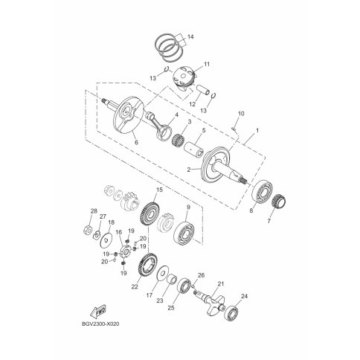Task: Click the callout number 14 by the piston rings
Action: click(x=190, y=37)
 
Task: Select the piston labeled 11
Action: click(x=184, y=79)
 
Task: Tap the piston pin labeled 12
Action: click(x=203, y=90)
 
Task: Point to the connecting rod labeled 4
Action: click(x=159, y=125)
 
